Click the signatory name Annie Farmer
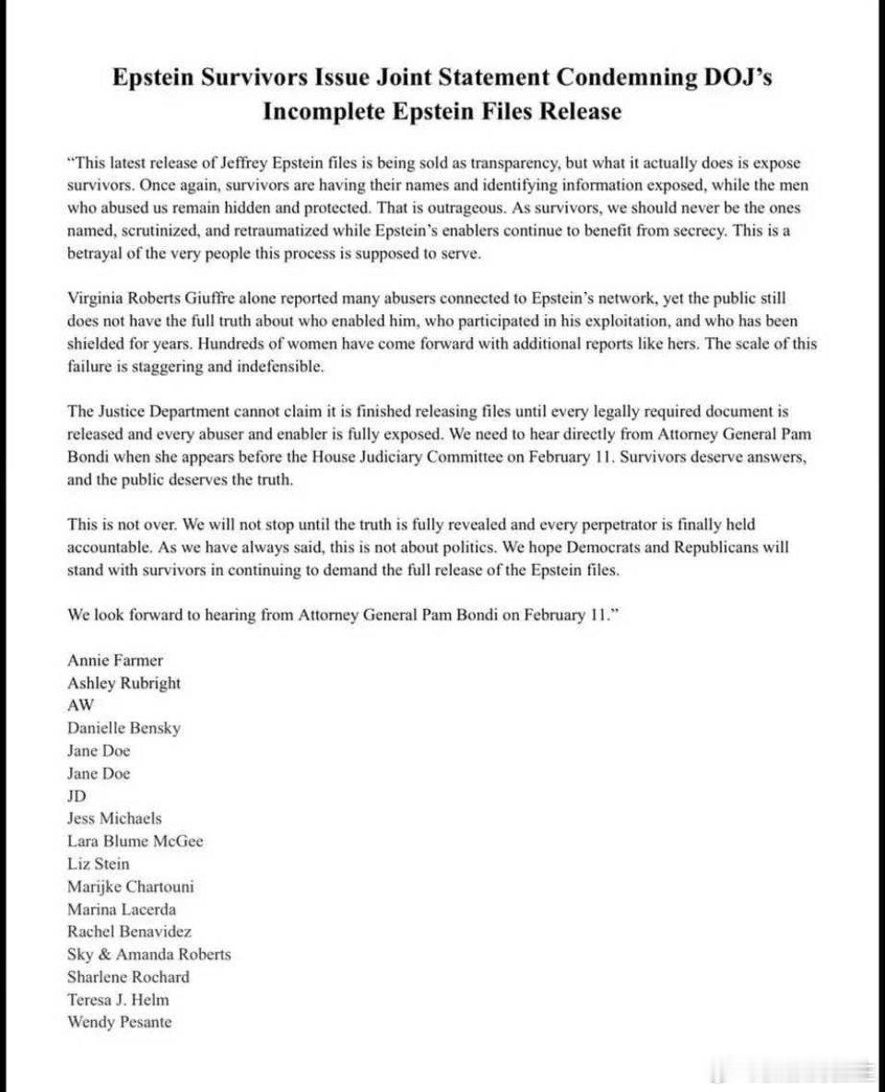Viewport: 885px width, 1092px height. (115, 661)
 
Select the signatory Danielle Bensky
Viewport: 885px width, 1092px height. (124, 728)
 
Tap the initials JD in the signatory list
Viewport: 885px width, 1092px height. (77, 795)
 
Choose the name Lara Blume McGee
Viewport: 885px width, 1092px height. (136, 841)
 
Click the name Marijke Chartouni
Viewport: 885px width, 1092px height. (130, 887)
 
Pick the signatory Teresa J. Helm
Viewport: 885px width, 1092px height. (118, 999)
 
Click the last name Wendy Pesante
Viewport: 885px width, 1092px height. (119, 1022)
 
